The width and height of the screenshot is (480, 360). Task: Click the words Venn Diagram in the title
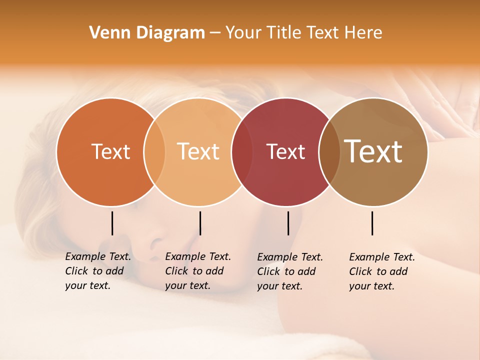click(x=146, y=33)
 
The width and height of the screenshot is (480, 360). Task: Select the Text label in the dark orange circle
click(x=110, y=151)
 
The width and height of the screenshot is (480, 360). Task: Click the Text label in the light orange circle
click(x=198, y=151)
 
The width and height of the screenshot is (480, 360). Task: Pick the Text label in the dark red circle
click(x=285, y=151)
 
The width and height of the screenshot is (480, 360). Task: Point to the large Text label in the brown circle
click(x=373, y=151)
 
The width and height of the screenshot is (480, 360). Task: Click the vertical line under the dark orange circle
click(x=112, y=223)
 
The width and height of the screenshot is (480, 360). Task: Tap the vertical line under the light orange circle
click(x=200, y=223)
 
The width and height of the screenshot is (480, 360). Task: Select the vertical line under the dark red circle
click(x=288, y=223)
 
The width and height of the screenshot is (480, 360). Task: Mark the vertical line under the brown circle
click(x=372, y=223)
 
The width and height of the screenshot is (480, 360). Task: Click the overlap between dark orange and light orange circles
click(x=154, y=151)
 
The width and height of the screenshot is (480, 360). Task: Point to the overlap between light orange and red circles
click(x=242, y=151)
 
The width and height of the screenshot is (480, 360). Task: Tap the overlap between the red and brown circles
click(x=329, y=151)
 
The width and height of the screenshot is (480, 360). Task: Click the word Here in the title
click(x=363, y=33)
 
